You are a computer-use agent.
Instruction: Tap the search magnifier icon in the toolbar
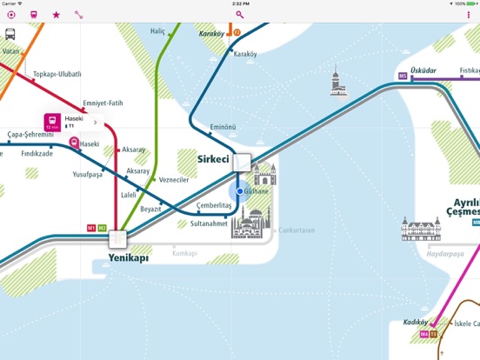point(240,15)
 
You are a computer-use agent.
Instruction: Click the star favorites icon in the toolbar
point(57,15)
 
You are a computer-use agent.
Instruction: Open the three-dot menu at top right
point(469,15)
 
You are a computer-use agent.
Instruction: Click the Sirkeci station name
point(212,161)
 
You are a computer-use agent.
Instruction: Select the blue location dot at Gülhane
point(240,190)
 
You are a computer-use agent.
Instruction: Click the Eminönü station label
point(223,127)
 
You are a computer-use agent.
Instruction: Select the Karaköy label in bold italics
point(211,35)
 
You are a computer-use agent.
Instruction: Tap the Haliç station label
point(157,31)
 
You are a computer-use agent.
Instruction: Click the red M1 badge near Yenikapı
point(91,228)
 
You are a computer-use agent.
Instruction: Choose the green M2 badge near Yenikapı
point(103,228)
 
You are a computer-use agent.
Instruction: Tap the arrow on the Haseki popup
point(95,123)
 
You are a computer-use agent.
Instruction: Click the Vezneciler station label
point(174,180)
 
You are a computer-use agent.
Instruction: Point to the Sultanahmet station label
point(210,223)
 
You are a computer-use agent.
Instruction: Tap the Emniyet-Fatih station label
point(97,103)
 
